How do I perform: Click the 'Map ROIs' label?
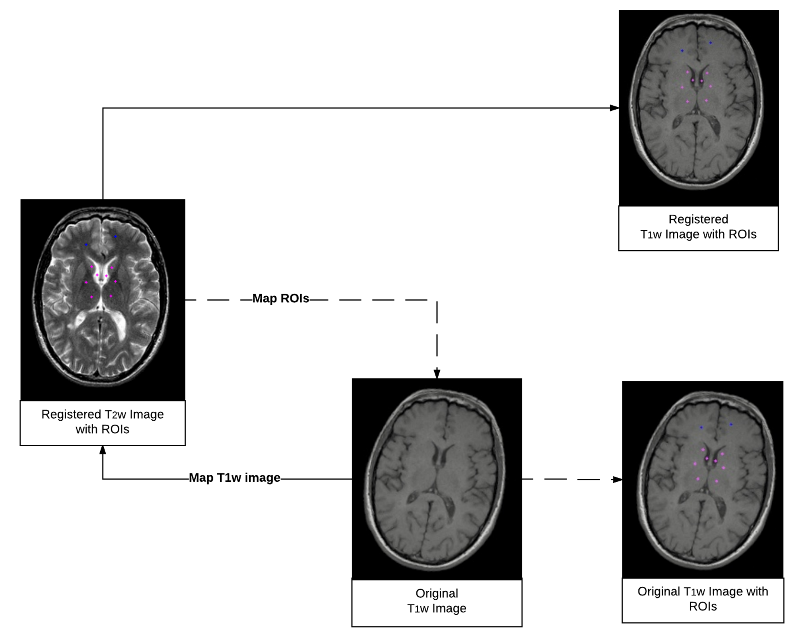(281, 298)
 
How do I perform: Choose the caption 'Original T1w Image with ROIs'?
(703, 599)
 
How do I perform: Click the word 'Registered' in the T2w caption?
(71, 414)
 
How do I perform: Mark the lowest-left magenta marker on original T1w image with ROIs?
(698, 479)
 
